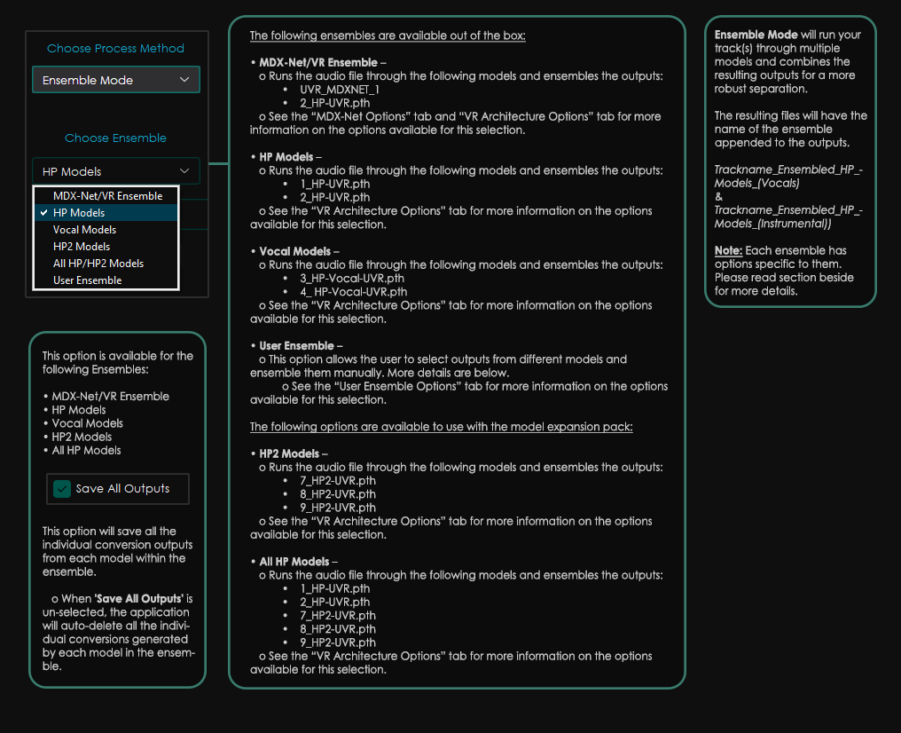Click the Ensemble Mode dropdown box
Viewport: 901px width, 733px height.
(x=115, y=80)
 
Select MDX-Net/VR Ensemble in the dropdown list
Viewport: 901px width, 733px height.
(x=107, y=196)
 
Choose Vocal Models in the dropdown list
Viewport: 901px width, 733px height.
(x=84, y=230)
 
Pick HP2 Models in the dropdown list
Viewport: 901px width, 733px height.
(x=82, y=247)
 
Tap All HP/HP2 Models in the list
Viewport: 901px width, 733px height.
(x=98, y=264)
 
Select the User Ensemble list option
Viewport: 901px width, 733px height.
(x=87, y=280)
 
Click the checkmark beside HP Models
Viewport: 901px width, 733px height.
(x=43, y=213)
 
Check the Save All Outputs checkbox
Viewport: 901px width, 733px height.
(x=62, y=489)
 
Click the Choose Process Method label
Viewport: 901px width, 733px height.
(x=115, y=49)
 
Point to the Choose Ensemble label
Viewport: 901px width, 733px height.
(x=115, y=138)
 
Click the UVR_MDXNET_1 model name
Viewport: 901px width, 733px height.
(x=340, y=90)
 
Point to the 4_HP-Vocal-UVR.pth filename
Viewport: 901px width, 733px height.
(x=354, y=292)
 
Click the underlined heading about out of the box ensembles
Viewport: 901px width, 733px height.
(x=388, y=36)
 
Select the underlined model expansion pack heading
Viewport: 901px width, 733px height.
(x=441, y=427)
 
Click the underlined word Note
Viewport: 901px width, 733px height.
(x=728, y=251)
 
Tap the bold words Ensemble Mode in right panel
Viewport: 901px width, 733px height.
(x=756, y=35)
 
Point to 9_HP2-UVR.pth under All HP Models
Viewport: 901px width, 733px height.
(x=337, y=642)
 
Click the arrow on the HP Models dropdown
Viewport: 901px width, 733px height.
(x=184, y=171)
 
